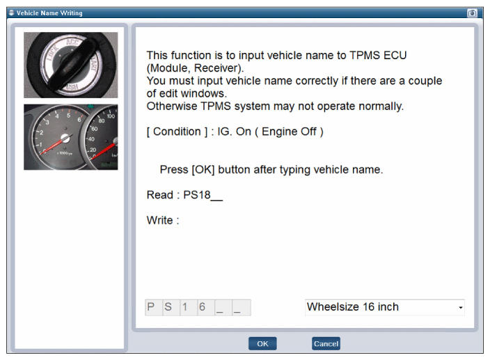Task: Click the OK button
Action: pyautogui.click(x=262, y=343)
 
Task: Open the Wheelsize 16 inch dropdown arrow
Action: pyautogui.click(x=460, y=308)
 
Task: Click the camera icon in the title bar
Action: pyautogui.click(x=472, y=13)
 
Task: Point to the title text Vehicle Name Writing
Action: pyautogui.click(x=49, y=13)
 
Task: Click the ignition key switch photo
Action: pyautogui.click(x=70, y=65)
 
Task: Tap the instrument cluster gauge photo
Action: pyautogui.click(x=70, y=137)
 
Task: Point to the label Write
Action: pyautogui.click(x=159, y=220)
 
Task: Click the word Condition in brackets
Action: pyautogui.click(x=177, y=132)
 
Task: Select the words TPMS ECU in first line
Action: pyautogui.click(x=378, y=55)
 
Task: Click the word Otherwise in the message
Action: pyautogui.click(x=172, y=107)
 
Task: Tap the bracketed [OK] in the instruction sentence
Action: pyautogui.click(x=203, y=170)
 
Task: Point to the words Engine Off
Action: pyautogui.click(x=289, y=132)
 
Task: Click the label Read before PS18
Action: pyautogui.click(x=159, y=195)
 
